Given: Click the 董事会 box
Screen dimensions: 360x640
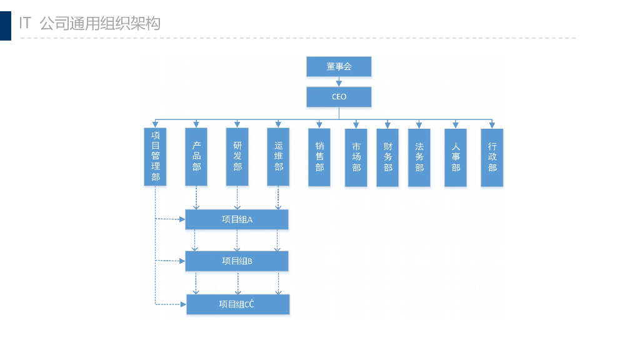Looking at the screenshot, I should [x=339, y=66].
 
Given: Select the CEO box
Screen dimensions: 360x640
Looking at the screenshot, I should [x=339, y=97].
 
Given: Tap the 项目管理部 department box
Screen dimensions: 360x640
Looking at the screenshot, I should [x=155, y=157].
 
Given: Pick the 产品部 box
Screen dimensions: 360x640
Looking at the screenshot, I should [x=196, y=157].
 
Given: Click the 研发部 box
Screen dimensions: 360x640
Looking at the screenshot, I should [x=237, y=157].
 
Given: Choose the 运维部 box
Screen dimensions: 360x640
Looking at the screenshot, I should [x=278, y=157].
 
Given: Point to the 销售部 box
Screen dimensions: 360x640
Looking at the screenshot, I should [x=319, y=157].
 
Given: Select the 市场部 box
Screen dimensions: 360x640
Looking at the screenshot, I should [x=356, y=157].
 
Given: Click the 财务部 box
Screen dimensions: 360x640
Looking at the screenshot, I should [x=387, y=157].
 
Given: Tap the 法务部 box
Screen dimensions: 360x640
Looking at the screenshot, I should [x=419, y=157].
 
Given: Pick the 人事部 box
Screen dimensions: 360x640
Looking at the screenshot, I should [x=456, y=157].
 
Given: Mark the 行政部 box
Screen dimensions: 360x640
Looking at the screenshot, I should [x=492, y=157].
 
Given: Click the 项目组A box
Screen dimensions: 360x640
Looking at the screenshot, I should [x=237, y=219].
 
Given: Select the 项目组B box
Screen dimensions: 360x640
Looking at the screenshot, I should [x=237, y=261].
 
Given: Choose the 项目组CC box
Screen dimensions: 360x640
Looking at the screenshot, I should [x=237, y=304].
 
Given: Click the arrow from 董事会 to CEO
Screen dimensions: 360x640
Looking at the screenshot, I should [x=339, y=81].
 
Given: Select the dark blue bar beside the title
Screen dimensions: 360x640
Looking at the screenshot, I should [x=6, y=26].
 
